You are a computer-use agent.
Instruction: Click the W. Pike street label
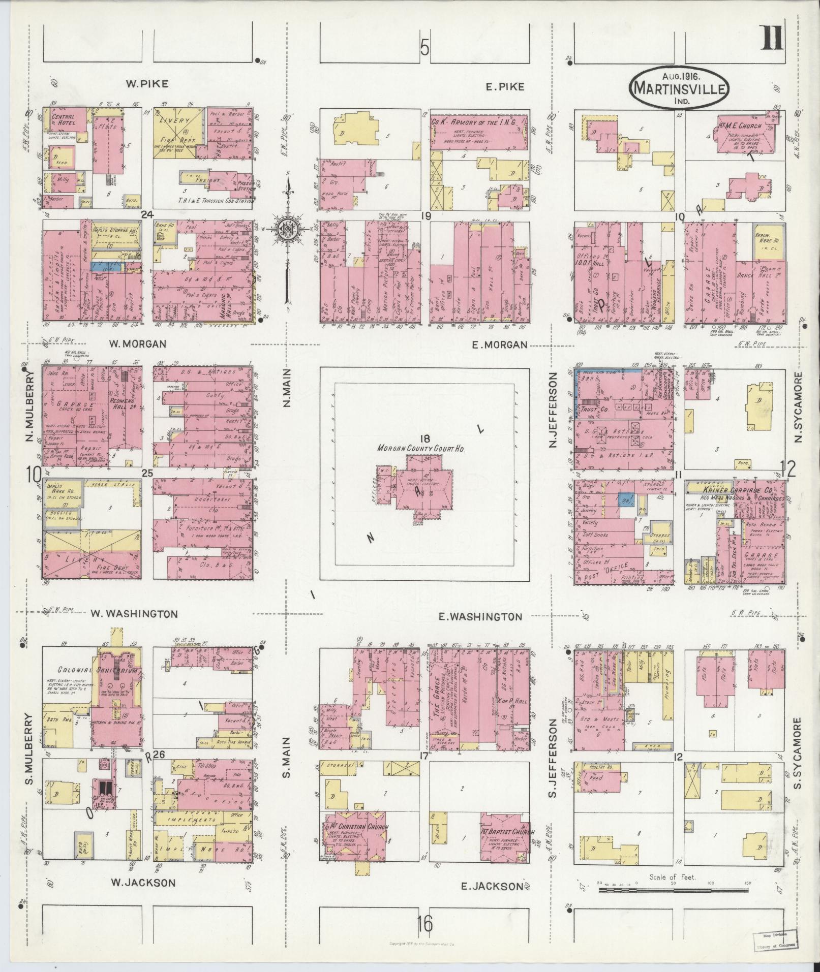pos(147,84)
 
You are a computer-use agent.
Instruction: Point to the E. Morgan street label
pos(499,344)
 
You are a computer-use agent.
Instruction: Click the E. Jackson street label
pos(491,886)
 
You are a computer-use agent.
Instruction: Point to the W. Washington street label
pos(134,613)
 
